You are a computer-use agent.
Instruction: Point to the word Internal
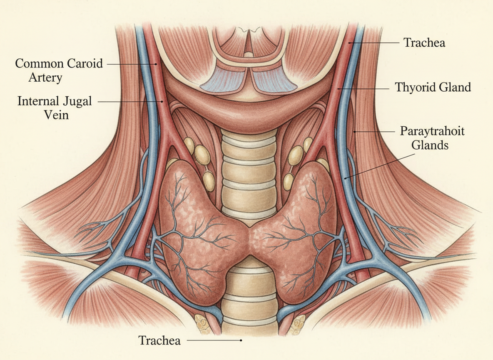tap(38, 101)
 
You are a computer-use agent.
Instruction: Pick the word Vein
tap(57, 115)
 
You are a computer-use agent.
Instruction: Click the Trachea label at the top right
tap(424, 42)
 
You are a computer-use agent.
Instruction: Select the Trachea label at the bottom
tap(160, 340)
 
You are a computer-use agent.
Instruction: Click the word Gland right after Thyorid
tap(456, 88)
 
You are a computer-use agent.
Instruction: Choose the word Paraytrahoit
tap(432, 131)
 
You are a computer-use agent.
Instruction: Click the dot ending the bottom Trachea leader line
tap(241, 340)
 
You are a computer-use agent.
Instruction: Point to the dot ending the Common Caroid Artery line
tap(157, 64)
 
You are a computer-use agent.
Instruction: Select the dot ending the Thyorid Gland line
tap(339, 88)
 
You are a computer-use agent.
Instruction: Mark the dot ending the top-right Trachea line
tap(350, 42)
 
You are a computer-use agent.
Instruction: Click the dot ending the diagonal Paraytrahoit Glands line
tap(345, 178)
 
